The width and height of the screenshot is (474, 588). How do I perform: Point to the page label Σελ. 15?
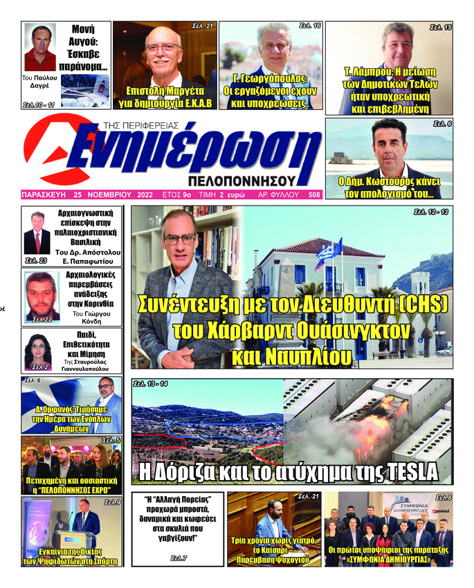(x=440, y=27)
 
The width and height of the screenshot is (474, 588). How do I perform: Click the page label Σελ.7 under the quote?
(x=179, y=557)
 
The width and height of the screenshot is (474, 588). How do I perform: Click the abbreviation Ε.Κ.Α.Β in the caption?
(x=197, y=104)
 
